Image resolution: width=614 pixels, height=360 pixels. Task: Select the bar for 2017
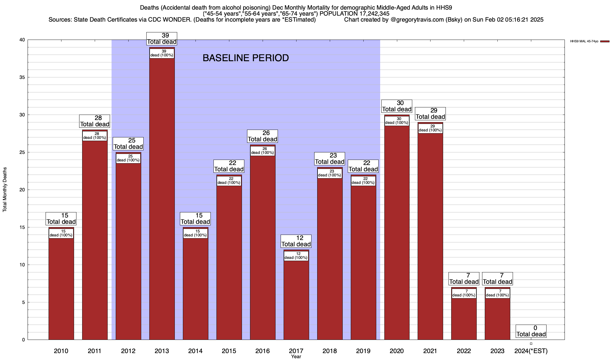pos(296,300)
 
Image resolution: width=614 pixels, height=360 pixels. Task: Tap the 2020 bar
pos(397,234)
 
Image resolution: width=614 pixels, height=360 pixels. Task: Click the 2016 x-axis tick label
pos(262,351)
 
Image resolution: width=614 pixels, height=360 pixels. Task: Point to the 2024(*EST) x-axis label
pos(531,351)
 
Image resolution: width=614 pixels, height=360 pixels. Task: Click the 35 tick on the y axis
pos(22,77)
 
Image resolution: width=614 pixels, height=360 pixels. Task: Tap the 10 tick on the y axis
pos(22,265)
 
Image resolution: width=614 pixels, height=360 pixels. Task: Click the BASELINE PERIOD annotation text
pos(246,58)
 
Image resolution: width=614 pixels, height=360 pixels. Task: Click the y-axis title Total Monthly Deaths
pos(5,190)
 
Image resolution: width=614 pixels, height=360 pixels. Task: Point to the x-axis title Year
pos(296,357)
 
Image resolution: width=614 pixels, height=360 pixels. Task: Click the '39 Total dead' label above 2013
pos(162,39)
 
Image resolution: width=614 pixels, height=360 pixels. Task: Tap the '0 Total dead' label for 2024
pos(531,331)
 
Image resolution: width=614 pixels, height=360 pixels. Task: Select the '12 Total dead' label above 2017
pos(296,241)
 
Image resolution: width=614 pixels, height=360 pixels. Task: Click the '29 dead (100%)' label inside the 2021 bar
pos(430,128)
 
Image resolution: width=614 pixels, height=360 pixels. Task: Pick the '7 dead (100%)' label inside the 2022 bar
pos(464,293)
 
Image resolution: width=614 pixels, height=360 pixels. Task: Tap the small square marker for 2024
pos(531,344)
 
